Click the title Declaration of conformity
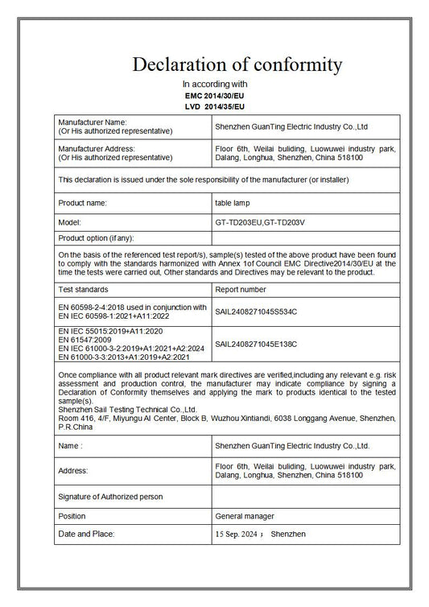237,64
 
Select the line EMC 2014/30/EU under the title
214,95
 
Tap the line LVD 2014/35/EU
214,105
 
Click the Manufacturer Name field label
93,122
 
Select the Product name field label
83,203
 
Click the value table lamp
233,203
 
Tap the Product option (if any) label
96,237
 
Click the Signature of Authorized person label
110,497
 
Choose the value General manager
245,515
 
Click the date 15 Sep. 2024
239,534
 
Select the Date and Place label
86,534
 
